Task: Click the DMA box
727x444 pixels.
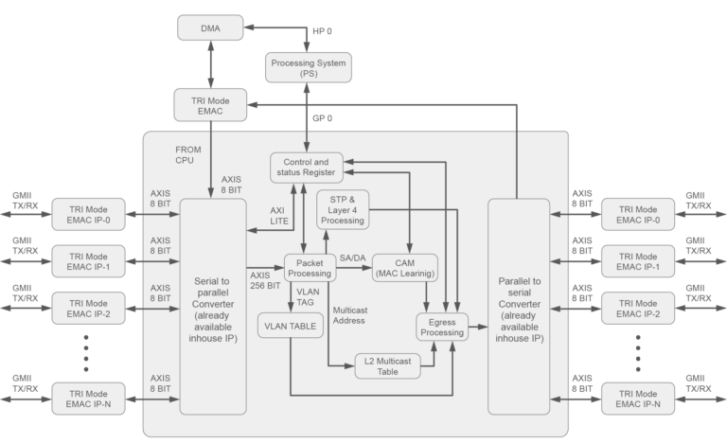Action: tap(210, 28)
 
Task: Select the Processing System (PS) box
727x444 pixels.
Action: tap(309, 68)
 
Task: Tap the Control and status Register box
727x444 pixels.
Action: tap(307, 167)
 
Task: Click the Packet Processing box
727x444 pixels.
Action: tap(310, 267)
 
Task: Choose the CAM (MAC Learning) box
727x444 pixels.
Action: tap(404, 267)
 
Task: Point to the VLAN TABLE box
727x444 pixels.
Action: tap(289, 325)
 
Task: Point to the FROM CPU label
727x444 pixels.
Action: tap(189, 154)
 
